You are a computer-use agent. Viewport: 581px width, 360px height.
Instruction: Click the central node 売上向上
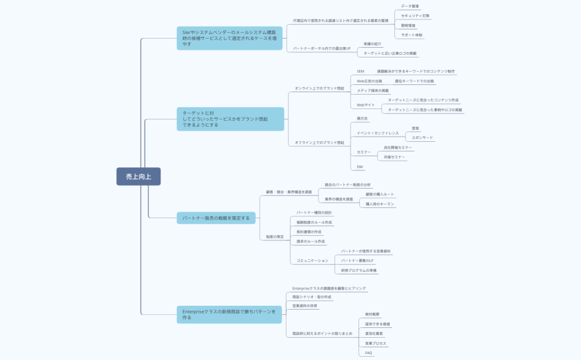click(x=138, y=176)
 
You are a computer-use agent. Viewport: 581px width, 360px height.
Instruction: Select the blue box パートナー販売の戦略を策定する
click(x=215, y=218)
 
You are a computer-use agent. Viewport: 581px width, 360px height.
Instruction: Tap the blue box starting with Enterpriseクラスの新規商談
click(x=229, y=314)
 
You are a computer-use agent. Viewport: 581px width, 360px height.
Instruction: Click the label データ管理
click(x=410, y=6)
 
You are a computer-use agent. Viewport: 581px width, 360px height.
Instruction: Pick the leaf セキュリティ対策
click(x=415, y=16)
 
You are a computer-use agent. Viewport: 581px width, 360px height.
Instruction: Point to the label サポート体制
click(x=411, y=35)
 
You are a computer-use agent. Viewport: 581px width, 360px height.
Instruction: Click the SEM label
click(x=360, y=71)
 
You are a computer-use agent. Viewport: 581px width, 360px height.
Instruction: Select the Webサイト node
click(x=366, y=105)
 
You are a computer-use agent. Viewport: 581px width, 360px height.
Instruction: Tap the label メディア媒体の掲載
click(x=373, y=91)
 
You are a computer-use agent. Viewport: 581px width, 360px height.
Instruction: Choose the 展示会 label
click(x=362, y=119)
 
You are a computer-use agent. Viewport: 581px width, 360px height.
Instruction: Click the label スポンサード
click(x=422, y=138)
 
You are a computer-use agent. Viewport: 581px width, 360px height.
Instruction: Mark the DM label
click(x=360, y=167)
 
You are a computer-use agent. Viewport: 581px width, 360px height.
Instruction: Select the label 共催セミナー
click(x=394, y=157)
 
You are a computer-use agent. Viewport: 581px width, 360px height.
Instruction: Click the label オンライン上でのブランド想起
click(x=319, y=88)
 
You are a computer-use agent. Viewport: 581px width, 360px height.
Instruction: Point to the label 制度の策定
click(x=275, y=237)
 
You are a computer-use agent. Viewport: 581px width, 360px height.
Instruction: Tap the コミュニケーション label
click(x=312, y=261)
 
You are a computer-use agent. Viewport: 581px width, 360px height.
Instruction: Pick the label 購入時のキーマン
click(x=380, y=204)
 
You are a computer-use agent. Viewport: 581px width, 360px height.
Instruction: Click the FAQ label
click(x=369, y=353)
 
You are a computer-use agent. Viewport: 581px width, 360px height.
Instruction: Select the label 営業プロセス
click(x=375, y=343)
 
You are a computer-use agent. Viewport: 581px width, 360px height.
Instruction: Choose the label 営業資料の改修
click(x=305, y=306)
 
